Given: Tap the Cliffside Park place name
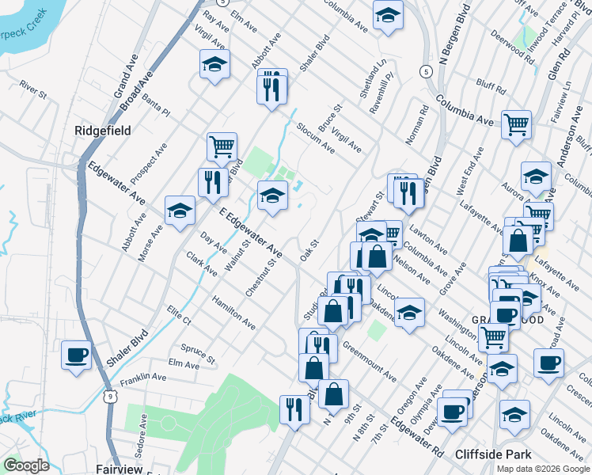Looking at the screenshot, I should coord(496,454).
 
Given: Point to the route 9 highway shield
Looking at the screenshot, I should coord(110,394).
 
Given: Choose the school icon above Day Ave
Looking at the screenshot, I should coord(180,211).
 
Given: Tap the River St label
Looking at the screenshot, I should coord(35,90).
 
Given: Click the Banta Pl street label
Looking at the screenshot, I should coord(156,108).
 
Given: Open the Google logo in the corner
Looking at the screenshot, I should coord(26,465).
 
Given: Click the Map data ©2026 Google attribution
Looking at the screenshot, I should coord(542,469).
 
